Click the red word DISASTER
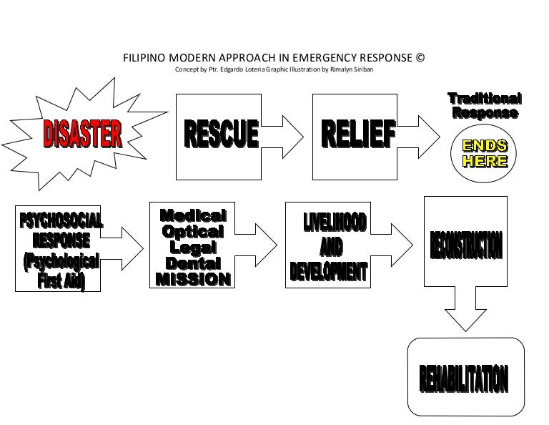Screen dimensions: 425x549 point(82,133)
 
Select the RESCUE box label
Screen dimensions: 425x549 point(221,133)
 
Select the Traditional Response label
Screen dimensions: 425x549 point(484,105)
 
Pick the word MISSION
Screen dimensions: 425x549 point(193,279)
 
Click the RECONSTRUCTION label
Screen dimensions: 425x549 point(466,245)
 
